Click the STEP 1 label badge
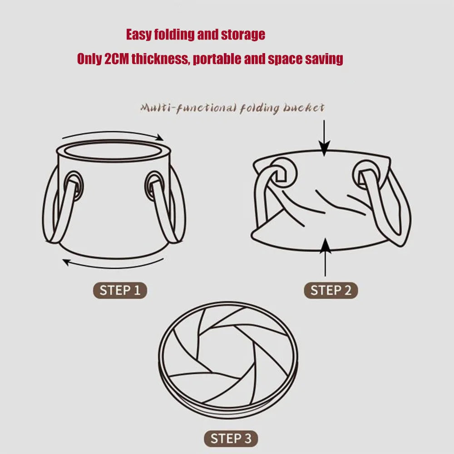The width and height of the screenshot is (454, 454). tap(120, 290)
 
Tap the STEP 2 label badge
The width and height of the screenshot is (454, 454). tap(331, 291)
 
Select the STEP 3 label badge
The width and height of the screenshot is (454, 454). tap(231, 439)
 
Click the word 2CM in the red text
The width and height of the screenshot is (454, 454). tap(116, 59)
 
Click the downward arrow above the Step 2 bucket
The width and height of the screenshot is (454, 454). tap(324, 136)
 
